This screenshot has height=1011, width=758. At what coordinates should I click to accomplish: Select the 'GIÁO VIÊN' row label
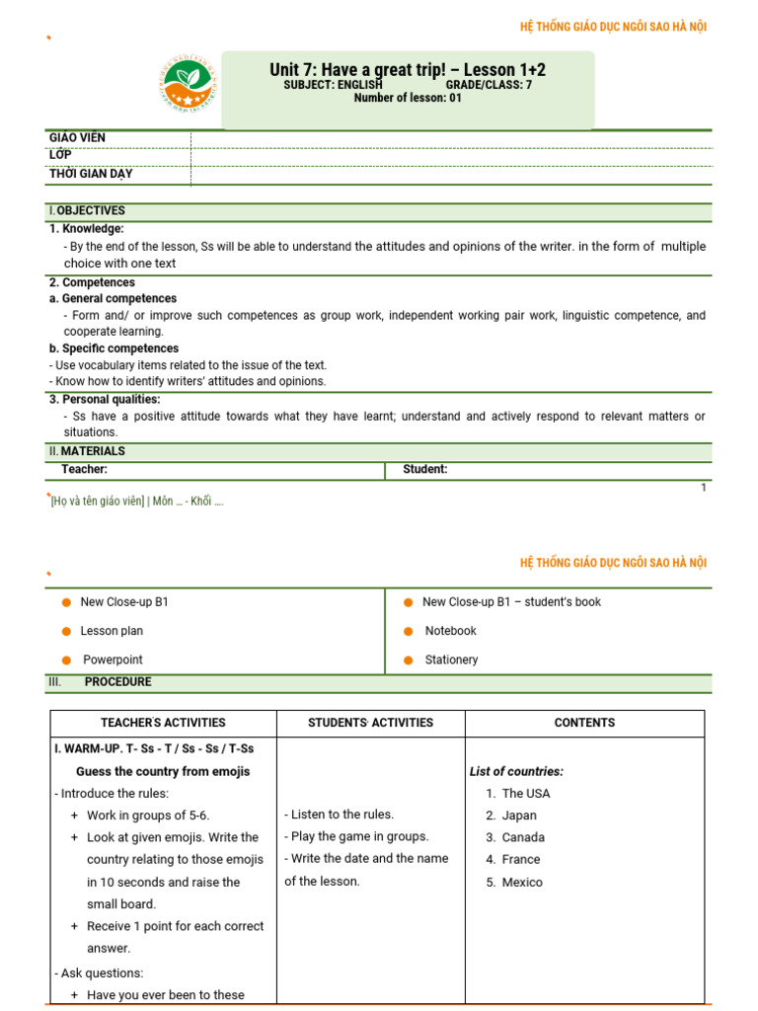click(77, 137)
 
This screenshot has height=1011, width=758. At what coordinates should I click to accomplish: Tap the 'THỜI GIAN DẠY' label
click(91, 174)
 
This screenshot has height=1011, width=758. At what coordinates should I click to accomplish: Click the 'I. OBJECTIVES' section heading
click(87, 210)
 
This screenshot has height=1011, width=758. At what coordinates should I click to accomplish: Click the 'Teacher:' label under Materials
click(84, 470)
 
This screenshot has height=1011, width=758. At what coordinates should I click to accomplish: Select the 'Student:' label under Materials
click(424, 470)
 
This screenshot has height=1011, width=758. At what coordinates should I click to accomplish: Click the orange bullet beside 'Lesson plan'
click(66, 631)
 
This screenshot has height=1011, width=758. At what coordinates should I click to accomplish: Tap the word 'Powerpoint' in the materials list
click(113, 660)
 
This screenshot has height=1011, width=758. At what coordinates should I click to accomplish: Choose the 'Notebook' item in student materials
click(450, 631)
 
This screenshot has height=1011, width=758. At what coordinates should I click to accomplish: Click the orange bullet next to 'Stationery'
click(408, 660)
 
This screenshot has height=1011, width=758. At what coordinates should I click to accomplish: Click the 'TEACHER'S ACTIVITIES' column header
click(163, 723)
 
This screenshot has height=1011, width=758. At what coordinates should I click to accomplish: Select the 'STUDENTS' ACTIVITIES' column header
click(370, 723)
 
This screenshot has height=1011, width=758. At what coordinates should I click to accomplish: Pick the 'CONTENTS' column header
click(584, 723)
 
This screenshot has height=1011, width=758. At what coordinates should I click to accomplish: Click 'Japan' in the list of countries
click(519, 816)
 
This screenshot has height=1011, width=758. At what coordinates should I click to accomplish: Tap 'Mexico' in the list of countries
click(522, 883)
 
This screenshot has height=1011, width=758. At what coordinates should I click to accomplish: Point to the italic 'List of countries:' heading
click(516, 772)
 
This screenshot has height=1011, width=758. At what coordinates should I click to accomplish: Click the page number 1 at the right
click(704, 488)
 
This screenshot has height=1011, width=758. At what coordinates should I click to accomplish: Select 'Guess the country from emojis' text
click(163, 772)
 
